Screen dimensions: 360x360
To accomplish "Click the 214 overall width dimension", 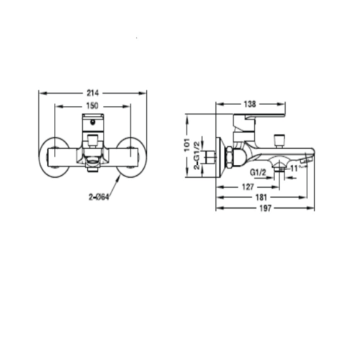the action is pyautogui.click(x=93, y=93).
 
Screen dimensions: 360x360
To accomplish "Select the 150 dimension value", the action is pyautogui.click(x=92, y=106).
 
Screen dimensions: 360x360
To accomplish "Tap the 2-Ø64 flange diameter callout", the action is pyautogui.click(x=99, y=197).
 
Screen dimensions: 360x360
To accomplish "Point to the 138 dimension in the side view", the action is pyautogui.click(x=250, y=104).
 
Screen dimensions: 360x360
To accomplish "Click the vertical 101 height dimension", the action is pyautogui.click(x=187, y=145).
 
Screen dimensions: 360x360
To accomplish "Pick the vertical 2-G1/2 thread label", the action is pyautogui.click(x=197, y=156).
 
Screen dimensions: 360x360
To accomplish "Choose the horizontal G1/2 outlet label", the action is pyautogui.click(x=258, y=172).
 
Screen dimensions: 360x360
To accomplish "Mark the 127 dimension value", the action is pyautogui.click(x=248, y=186).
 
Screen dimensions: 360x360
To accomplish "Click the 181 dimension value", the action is pyautogui.click(x=261, y=197).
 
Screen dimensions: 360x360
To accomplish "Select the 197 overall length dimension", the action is pyautogui.click(x=265, y=208).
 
